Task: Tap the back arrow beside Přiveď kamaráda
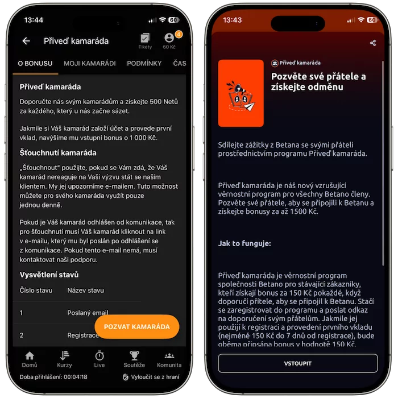click(26, 41)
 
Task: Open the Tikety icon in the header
click(145, 38)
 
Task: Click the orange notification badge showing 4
click(179, 34)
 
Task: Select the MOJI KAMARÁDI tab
click(90, 63)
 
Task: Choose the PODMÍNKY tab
click(144, 63)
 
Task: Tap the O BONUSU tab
click(35, 63)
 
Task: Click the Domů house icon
click(30, 355)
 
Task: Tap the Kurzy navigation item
click(64, 359)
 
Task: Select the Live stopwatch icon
click(100, 355)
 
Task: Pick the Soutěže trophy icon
click(134, 355)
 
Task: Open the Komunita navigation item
click(169, 359)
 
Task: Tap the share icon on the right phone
click(373, 43)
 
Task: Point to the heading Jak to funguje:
click(244, 243)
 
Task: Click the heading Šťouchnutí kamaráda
click(58, 153)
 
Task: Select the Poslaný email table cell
click(88, 313)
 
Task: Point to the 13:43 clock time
click(232, 20)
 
